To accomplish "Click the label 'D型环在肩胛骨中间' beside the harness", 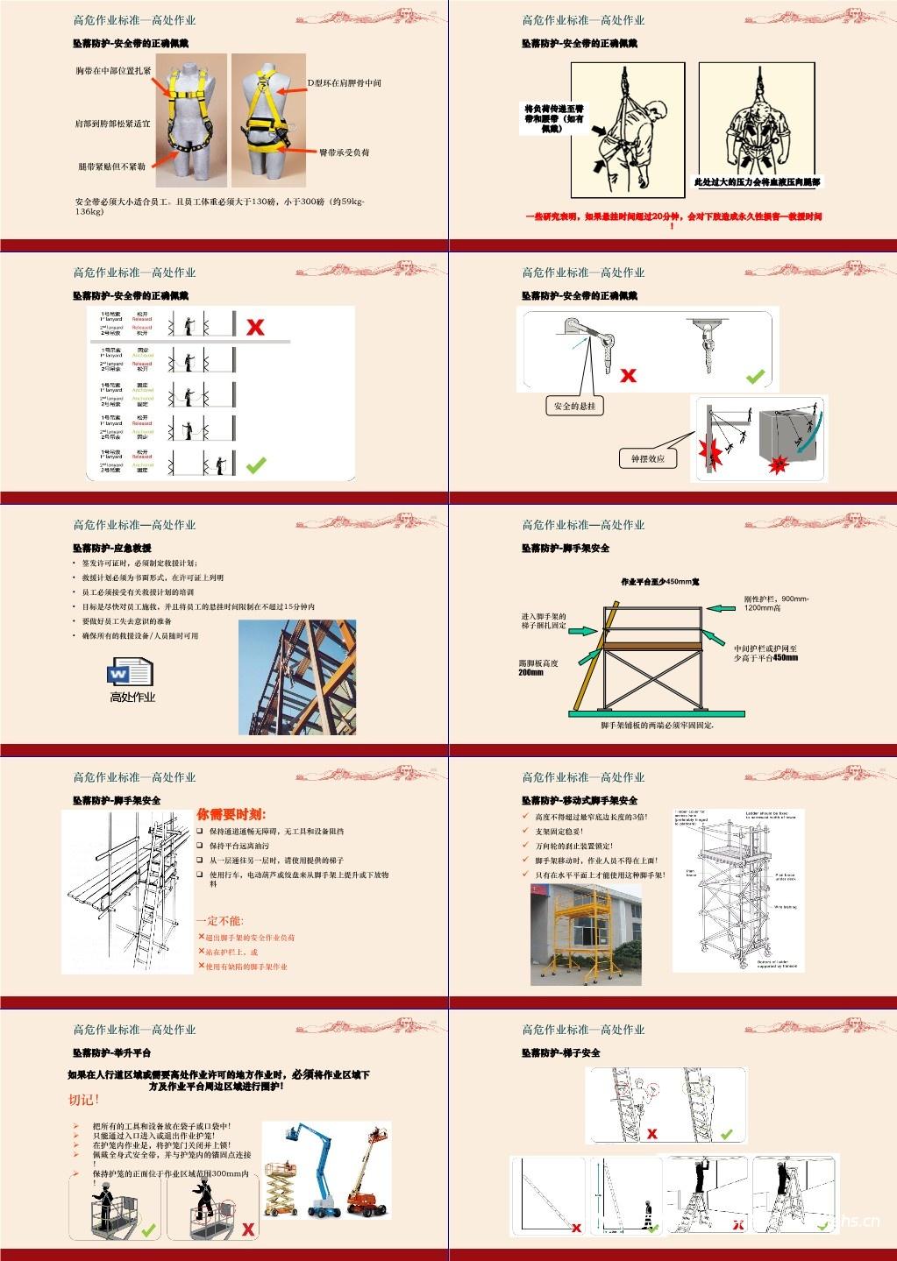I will tap(344, 82).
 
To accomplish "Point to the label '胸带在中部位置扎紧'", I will tap(113, 70).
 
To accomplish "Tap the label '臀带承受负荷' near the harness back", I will tap(344, 152).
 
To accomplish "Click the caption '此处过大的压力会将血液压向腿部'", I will tap(757, 182).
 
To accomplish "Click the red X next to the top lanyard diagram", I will tap(255, 328).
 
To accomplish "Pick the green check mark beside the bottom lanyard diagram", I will tap(255, 464).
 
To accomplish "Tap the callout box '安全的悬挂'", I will tap(575, 407).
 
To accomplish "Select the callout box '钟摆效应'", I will tap(648, 458).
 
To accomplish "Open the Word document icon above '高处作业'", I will tap(130, 674).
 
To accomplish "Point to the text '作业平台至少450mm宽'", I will tap(659, 582).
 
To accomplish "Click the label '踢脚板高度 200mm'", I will tap(538, 668).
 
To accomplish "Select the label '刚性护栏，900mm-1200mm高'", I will tap(776, 603).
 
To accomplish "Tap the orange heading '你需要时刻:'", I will tap(231, 814).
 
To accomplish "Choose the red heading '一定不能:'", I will tap(219, 921).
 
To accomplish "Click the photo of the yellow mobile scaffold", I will tap(585, 929).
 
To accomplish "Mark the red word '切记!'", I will tap(84, 1100).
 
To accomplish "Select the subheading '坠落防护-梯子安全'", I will tap(560, 1052).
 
